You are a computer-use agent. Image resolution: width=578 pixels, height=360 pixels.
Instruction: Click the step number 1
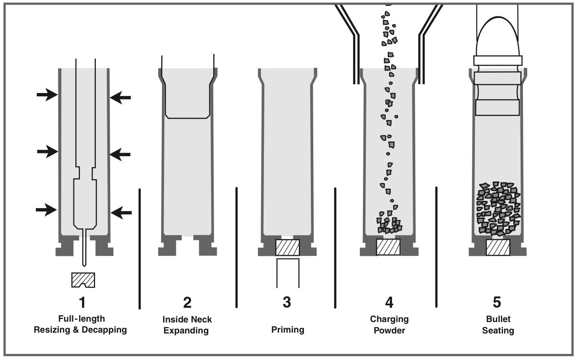[x=82, y=302]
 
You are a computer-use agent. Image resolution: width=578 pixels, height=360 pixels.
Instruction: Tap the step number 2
[x=187, y=302]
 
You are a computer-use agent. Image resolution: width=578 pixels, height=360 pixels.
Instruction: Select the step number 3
[x=287, y=302]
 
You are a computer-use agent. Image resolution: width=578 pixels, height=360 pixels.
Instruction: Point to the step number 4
[x=389, y=302]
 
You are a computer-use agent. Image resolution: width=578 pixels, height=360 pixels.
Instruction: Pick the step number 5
[x=497, y=302]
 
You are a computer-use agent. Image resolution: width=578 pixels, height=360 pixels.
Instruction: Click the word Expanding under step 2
[x=186, y=331]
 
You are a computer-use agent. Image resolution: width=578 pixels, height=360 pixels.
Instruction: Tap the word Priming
[x=288, y=330]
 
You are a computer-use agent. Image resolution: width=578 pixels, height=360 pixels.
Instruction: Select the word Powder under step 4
[x=389, y=331]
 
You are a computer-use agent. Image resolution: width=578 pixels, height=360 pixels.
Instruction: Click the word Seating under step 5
[x=498, y=331]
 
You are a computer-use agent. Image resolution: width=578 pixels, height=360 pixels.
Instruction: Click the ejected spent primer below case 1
[x=83, y=280]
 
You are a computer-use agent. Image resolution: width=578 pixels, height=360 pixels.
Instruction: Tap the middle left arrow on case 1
[x=47, y=152]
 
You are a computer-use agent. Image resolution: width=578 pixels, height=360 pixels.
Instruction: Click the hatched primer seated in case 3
[x=288, y=248]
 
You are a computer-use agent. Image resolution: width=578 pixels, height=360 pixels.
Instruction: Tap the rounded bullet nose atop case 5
[x=498, y=37]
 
